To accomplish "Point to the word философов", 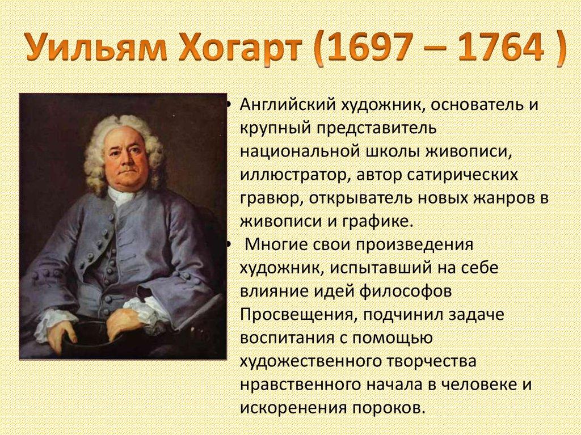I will (x=405, y=292).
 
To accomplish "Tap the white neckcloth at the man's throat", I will (x=121, y=196).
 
